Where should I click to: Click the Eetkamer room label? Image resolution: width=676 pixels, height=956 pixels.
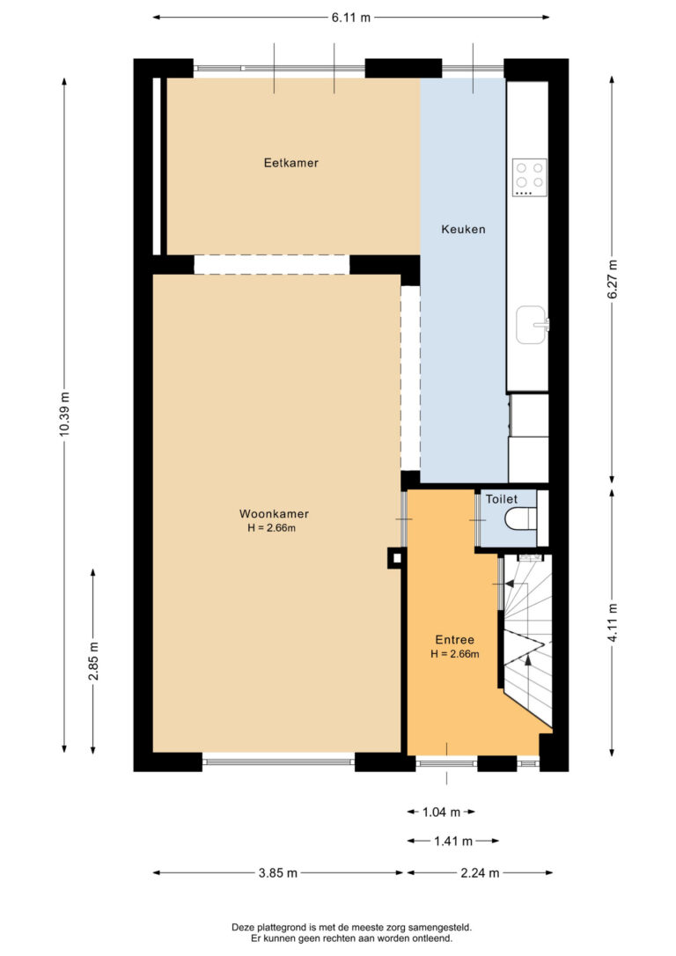290,163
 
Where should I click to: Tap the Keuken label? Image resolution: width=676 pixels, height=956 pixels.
463,229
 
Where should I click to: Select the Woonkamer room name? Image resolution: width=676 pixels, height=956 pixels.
274,514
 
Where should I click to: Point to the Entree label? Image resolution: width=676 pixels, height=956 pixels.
455,640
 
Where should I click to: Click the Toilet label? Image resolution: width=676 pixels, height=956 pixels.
502,499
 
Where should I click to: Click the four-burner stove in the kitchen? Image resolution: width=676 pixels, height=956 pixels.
530,178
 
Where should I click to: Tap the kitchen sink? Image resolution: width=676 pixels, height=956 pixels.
533,324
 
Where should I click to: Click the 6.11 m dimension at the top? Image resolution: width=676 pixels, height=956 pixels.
351,17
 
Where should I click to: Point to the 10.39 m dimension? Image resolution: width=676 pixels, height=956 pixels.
64,414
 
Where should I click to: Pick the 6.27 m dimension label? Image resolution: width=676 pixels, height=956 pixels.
613,279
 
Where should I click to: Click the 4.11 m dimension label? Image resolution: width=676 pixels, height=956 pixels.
613,622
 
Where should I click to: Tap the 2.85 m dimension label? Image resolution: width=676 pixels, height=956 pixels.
93,661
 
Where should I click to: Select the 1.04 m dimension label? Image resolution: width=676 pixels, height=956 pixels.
442,813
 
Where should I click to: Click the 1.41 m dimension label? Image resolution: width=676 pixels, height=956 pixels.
453,842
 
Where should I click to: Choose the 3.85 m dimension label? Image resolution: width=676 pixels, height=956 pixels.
278,873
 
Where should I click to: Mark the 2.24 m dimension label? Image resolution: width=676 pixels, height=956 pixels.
480,873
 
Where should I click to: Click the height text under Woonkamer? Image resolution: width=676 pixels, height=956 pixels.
272,528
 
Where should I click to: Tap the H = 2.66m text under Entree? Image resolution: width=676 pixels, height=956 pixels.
455,654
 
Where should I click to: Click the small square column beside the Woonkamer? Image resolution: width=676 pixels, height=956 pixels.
396,558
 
